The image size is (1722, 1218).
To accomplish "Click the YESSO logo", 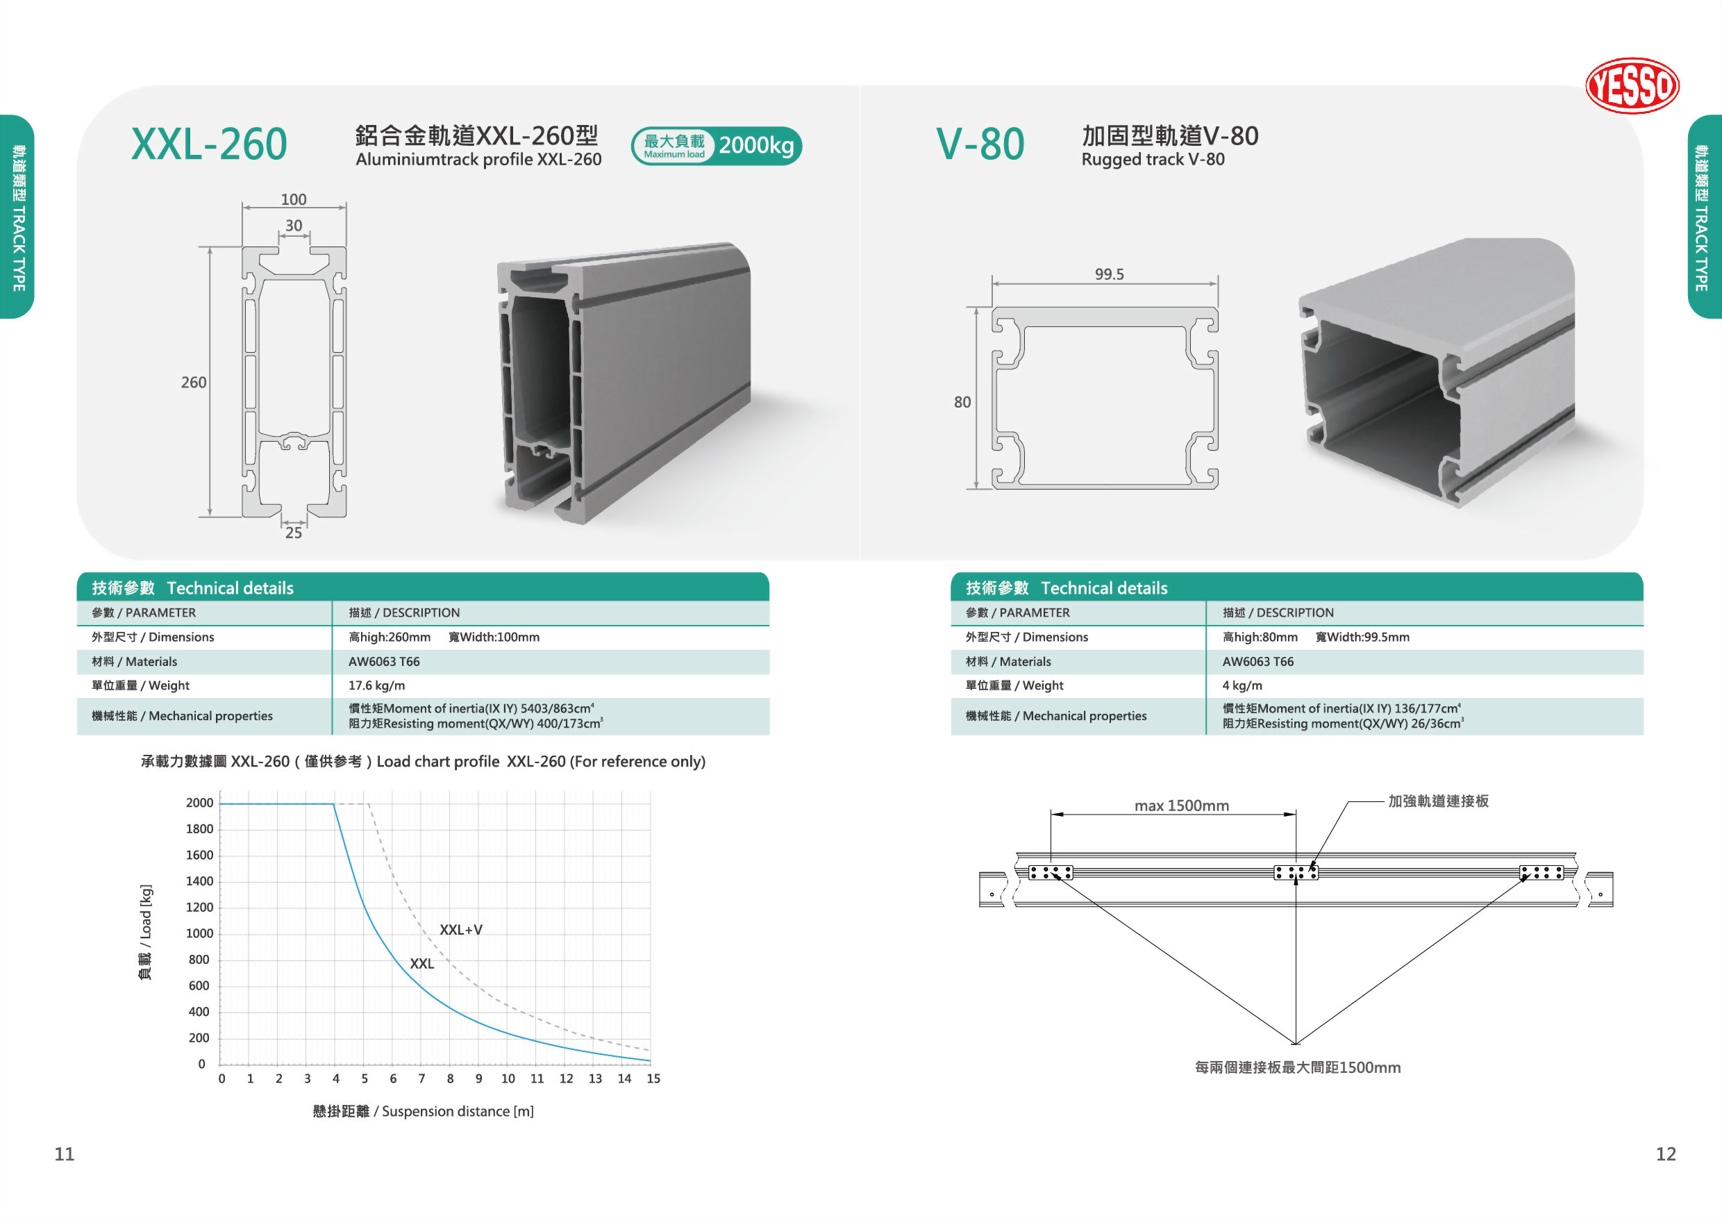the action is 1632,85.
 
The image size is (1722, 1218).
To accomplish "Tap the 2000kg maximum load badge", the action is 717,146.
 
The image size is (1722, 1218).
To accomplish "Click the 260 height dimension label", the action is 194,383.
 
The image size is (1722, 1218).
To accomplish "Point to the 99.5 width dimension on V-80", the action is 1110,274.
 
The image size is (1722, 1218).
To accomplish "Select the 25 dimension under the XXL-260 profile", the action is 293,533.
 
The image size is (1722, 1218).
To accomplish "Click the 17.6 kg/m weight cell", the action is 376,685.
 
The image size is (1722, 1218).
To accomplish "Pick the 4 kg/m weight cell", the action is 1242,685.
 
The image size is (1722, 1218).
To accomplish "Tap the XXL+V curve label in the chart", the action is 460,930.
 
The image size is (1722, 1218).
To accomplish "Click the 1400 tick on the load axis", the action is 199,881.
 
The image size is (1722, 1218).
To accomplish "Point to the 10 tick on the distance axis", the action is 508,1078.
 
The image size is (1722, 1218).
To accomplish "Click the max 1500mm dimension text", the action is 1181,806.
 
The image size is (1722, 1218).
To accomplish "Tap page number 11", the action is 65,1153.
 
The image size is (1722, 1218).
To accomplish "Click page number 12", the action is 1666,1153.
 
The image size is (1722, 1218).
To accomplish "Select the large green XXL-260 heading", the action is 209,144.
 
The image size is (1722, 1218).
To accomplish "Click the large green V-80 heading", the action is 980,144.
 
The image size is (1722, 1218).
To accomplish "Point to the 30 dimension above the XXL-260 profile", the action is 293,226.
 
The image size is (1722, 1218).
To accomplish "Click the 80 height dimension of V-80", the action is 962,403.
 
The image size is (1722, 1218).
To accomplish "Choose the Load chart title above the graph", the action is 423,761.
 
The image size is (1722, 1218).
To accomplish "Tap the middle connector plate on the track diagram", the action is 1296,872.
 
